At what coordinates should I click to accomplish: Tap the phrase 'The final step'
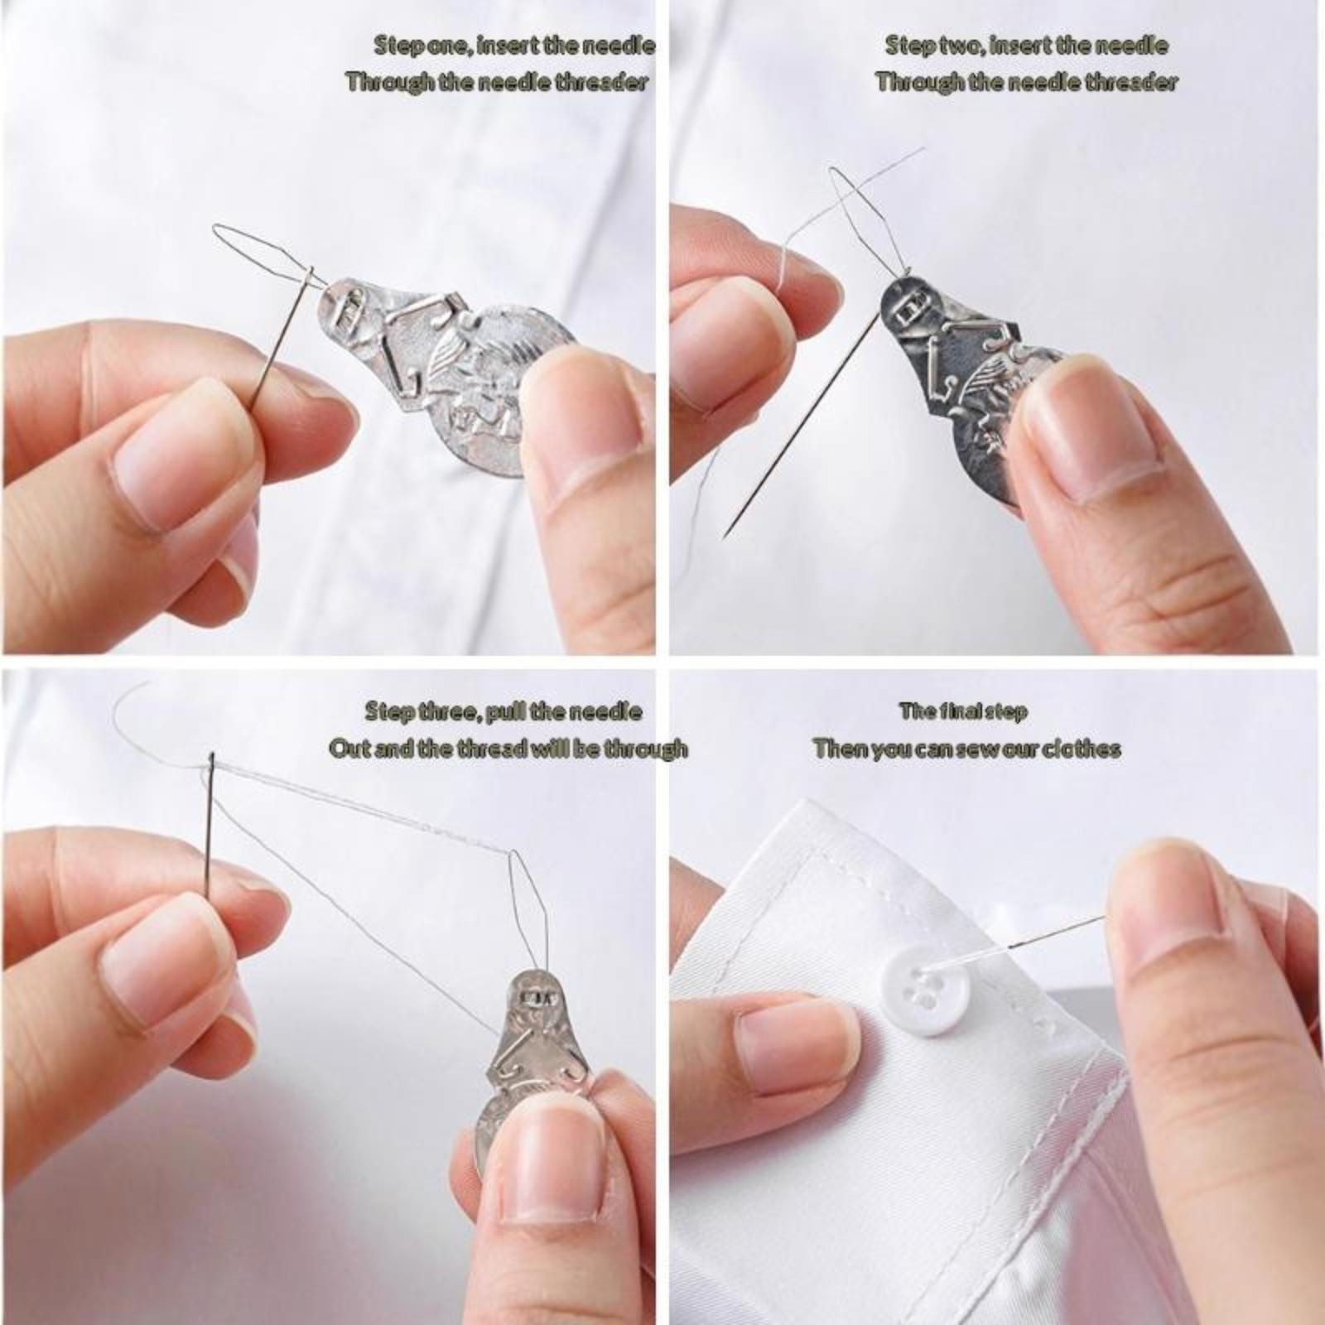[x=962, y=711]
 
